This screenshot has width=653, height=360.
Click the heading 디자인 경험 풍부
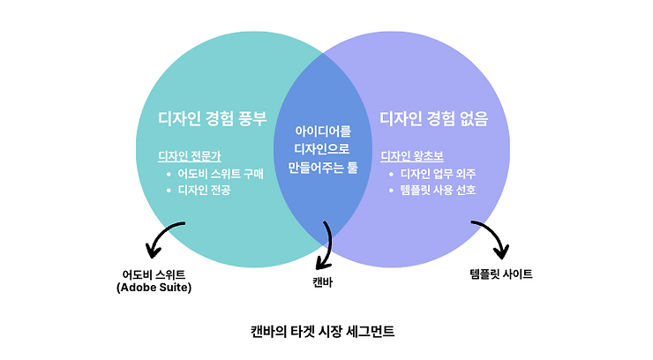coord(212,118)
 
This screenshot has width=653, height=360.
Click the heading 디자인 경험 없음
coord(434,118)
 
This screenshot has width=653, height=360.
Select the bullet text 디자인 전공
coord(204,189)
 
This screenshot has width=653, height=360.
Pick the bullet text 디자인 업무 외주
coord(439,173)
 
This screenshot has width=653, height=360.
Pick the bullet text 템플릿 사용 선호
coord(439,189)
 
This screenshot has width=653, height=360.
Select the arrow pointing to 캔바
coord(326,243)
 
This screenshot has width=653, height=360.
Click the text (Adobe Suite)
coord(154,288)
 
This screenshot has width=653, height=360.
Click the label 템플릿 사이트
coord(501,274)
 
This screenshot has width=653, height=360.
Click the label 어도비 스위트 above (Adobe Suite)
coord(154,274)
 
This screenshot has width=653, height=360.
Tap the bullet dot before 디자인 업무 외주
coord(391,173)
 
